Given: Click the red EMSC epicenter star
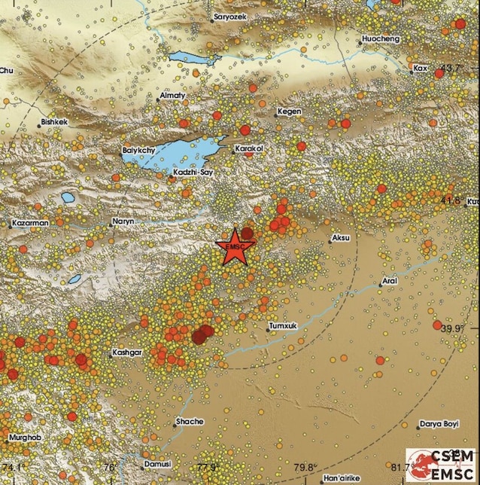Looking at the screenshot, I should pyautogui.click(x=235, y=246).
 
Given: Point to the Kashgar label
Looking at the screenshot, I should pyautogui.click(x=126, y=352).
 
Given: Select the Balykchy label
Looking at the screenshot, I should pyautogui.click(x=138, y=151).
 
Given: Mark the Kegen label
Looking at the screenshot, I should pyautogui.click(x=290, y=111).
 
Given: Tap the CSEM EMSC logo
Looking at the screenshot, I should pyautogui.click(x=442, y=465).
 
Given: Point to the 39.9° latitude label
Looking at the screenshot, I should pyautogui.click(x=451, y=328).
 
